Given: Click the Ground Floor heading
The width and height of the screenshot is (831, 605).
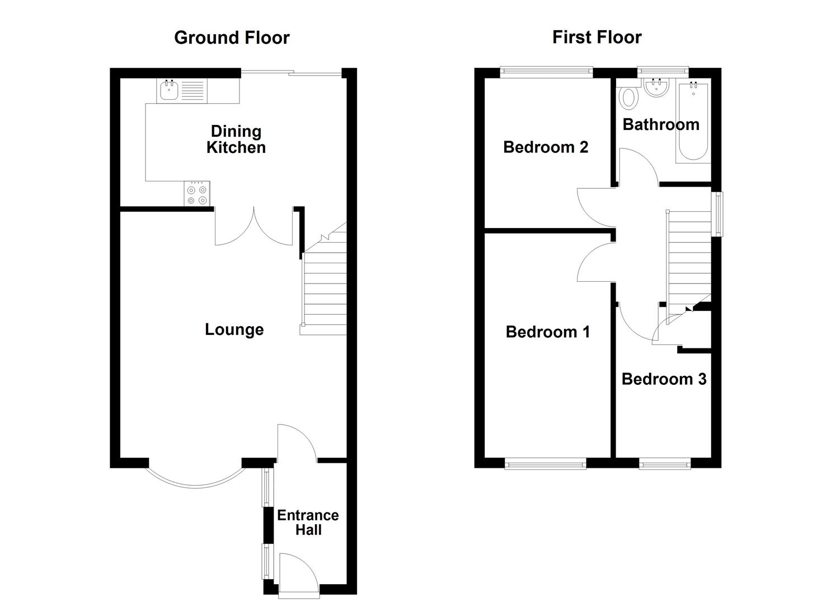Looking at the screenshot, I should click(x=232, y=38).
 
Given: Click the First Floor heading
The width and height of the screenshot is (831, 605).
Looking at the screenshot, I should click(x=597, y=37).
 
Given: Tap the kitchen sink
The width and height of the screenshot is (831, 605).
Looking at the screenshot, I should click(x=169, y=90).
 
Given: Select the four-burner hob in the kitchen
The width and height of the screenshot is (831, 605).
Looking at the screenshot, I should click(x=197, y=194).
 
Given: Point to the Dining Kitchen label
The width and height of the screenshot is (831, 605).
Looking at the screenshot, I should click(x=236, y=139).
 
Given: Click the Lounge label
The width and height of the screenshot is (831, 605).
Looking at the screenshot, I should click(x=234, y=329).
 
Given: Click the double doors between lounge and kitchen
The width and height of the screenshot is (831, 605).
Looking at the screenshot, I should click(x=253, y=227).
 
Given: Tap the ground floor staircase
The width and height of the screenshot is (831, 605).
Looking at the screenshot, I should click(x=325, y=291).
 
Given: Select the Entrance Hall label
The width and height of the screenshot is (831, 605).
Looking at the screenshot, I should click(x=308, y=523).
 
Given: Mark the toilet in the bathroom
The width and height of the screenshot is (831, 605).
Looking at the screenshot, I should click(x=630, y=97).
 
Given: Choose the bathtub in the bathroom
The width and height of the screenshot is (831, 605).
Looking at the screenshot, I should click(x=693, y=122).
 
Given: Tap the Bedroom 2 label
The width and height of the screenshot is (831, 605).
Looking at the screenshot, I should click(x=546, y=147).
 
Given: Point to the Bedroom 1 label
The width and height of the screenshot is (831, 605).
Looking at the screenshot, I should click(x=547, y=332).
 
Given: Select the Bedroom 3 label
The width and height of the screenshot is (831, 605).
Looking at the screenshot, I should click(x=664, y=379).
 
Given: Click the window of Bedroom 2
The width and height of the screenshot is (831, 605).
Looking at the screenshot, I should click(x=546, y=71).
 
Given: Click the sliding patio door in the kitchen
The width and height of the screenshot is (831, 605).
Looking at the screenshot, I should click(x=291, y=72).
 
